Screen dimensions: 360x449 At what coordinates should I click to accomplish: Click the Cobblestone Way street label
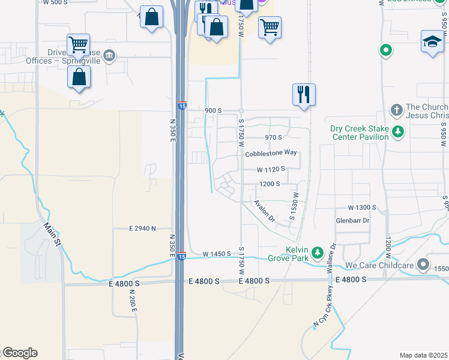coord(271,153)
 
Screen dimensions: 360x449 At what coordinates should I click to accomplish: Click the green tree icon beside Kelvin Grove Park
coord(318,254)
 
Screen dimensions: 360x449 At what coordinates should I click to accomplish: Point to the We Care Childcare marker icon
coord(423,264)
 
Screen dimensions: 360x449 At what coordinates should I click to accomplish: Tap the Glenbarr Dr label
coord(352,221)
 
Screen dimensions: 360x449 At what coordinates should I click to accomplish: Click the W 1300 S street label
coord(357,207)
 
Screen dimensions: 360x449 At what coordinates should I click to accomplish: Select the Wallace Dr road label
coord(330,259)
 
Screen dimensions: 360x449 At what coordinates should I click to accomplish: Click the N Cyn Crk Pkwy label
coord(323,315)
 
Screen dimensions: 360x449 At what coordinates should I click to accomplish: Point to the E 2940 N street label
coord(143,228)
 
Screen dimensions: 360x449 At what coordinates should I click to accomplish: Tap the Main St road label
coord(51,235)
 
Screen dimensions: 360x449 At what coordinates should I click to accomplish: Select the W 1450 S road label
coord(217,254)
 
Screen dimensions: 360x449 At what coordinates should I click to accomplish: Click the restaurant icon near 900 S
coord(304,94)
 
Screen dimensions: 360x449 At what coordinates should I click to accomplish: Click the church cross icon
coord(396,110)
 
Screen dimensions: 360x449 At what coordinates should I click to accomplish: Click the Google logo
coord(19,353)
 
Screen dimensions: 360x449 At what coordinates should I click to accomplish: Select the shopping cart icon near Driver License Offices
coord(79,44)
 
